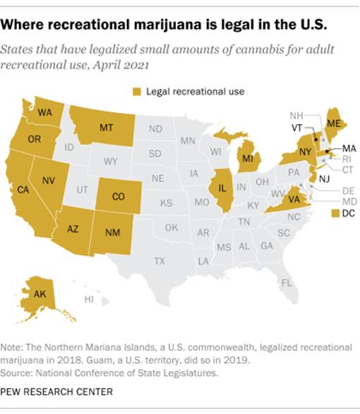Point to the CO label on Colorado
[x=118, y=197]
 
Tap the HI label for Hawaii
[x=89, y=300]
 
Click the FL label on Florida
[x=286, y=283]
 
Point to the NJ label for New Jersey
[x=324, y=178]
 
